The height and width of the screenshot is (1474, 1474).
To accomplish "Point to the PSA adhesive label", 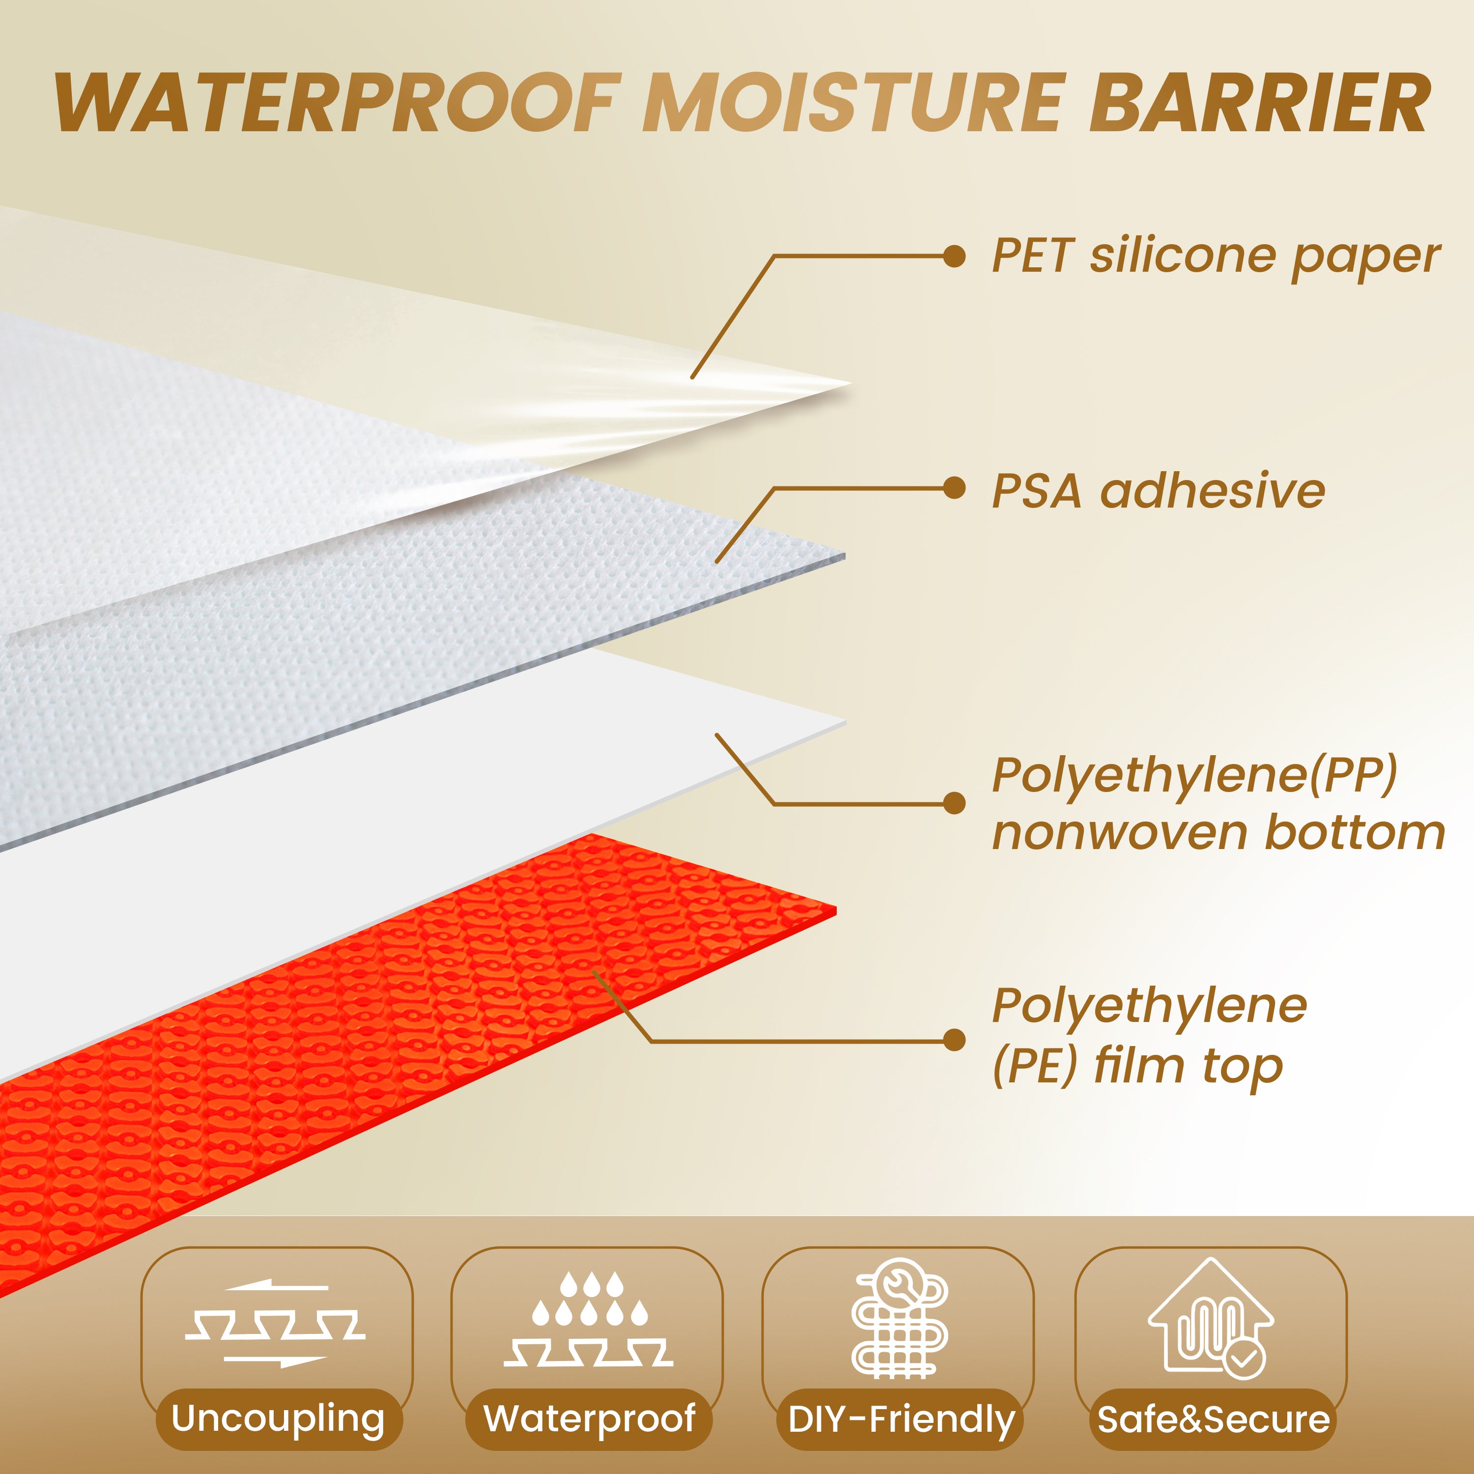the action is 1158,490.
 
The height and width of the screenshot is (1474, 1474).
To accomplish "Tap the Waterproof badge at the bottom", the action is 589,1418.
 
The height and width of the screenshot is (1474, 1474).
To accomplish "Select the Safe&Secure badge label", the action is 1213,1419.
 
